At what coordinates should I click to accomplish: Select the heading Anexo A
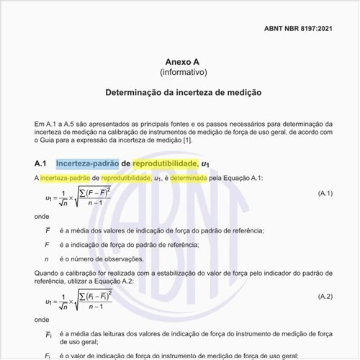tap(179, 61)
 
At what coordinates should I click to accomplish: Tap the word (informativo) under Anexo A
tap(179, 73)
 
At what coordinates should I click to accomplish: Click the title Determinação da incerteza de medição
tap(179, 94)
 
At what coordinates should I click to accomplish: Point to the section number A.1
tap(40, 163)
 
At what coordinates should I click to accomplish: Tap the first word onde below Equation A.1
tap(42, 216)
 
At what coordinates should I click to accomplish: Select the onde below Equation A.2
tap(42, 318)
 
